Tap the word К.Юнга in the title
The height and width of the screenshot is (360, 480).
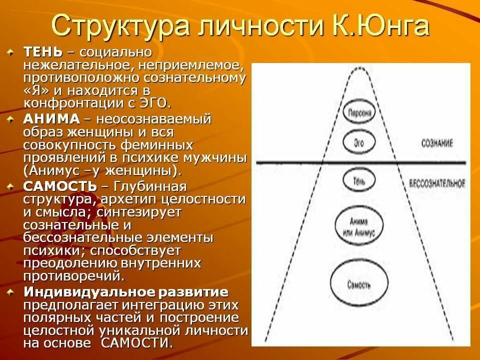(380, 26)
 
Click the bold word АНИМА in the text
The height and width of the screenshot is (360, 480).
(51, 119)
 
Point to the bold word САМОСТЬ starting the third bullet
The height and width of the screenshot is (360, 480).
(60, 186)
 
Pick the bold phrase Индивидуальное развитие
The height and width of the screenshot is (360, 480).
(126, 292)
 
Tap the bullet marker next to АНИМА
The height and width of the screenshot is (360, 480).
(11, 119)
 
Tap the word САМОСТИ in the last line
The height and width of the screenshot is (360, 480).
(136, 343)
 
